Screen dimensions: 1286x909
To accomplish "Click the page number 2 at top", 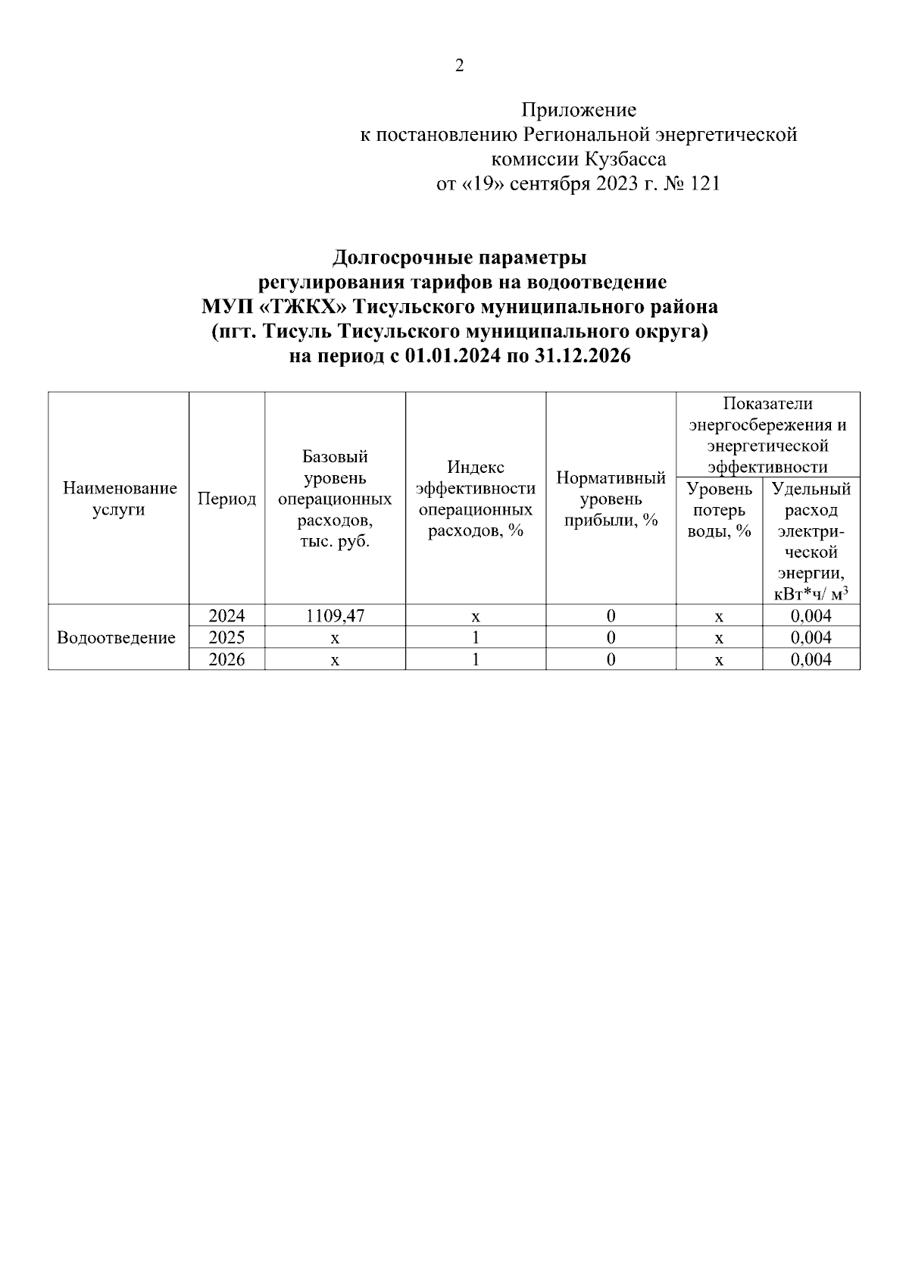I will coord(459,66).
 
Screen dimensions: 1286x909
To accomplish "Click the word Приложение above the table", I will coord(579,111).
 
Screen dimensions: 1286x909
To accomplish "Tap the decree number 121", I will coord(704,183).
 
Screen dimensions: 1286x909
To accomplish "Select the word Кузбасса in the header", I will coord(626,159).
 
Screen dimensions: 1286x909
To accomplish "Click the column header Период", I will coord(226,499).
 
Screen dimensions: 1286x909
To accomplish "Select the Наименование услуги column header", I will coord(119,499).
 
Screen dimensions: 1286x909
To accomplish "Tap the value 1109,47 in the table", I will coord(335,616).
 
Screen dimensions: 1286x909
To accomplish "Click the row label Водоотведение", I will coord(117,638).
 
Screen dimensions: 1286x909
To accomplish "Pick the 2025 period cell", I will coord(226,638).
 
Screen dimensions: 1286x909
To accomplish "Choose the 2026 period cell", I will coord(226,660).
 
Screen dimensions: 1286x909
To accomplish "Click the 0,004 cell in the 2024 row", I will coord(811,616).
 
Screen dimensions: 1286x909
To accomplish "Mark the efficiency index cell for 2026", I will coord(476,660).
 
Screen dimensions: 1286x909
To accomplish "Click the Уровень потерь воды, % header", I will coord(719,509).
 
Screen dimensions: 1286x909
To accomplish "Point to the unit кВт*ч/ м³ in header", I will coord(811,593).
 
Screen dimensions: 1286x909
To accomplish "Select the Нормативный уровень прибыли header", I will coord(611,499).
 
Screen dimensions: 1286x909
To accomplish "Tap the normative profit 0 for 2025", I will coord(611,638).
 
